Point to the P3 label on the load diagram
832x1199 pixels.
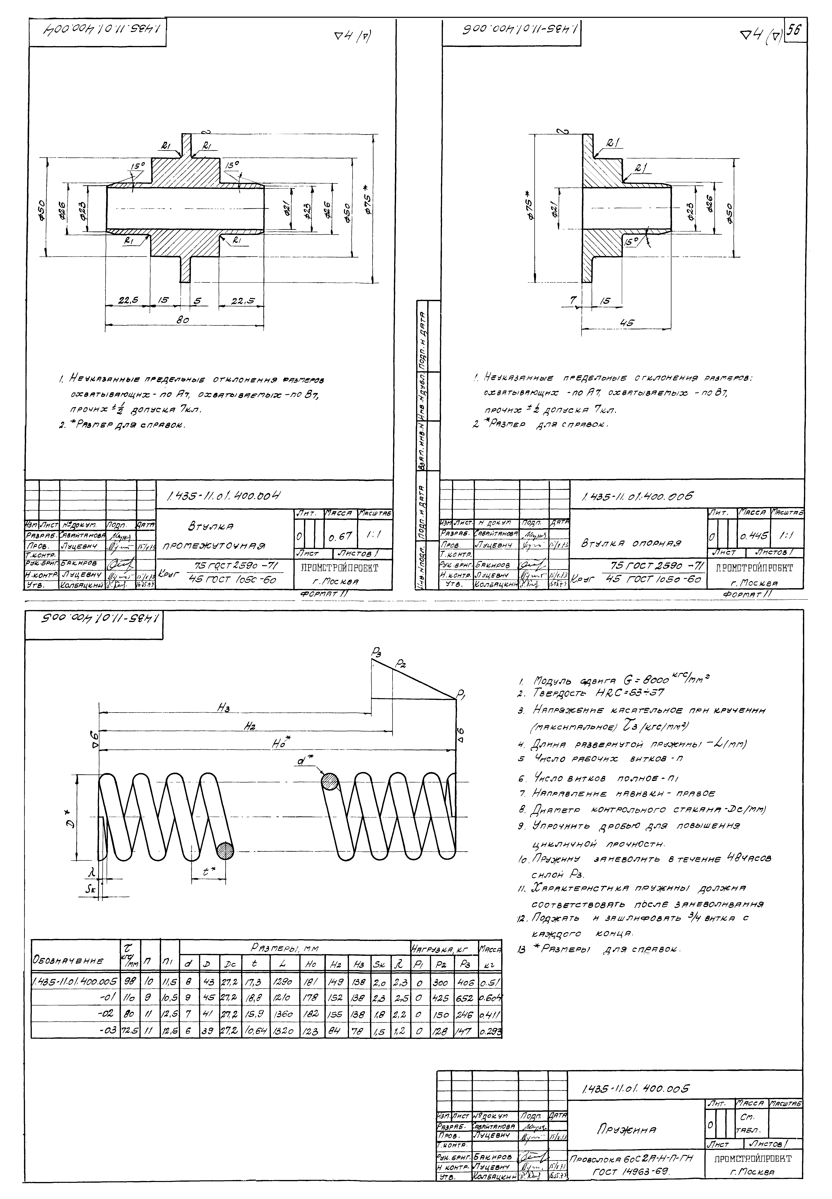(x=376, y=651)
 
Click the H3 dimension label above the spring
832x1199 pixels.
(x=225, y=707)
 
